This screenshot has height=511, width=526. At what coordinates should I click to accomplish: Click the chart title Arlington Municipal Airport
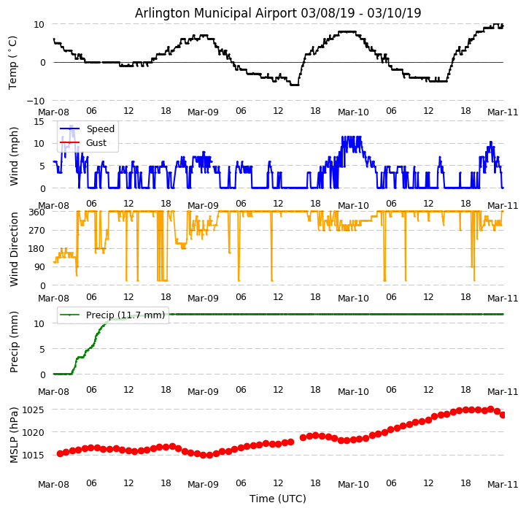point(278,13)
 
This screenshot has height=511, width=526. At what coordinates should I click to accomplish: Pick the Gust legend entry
point(96,144)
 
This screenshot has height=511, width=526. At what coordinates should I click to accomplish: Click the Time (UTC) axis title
point(278,499)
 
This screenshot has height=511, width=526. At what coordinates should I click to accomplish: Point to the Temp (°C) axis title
point(13,62)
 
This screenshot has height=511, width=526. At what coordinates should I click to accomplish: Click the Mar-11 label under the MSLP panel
point(503,484)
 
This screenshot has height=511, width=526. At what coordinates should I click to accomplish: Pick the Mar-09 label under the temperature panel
point(203,112)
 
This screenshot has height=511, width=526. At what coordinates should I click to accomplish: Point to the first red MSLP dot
point(60,453)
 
